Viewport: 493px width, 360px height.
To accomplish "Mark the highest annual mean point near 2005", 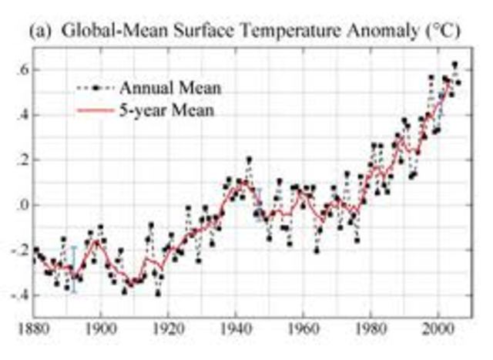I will [x=455, y=65].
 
